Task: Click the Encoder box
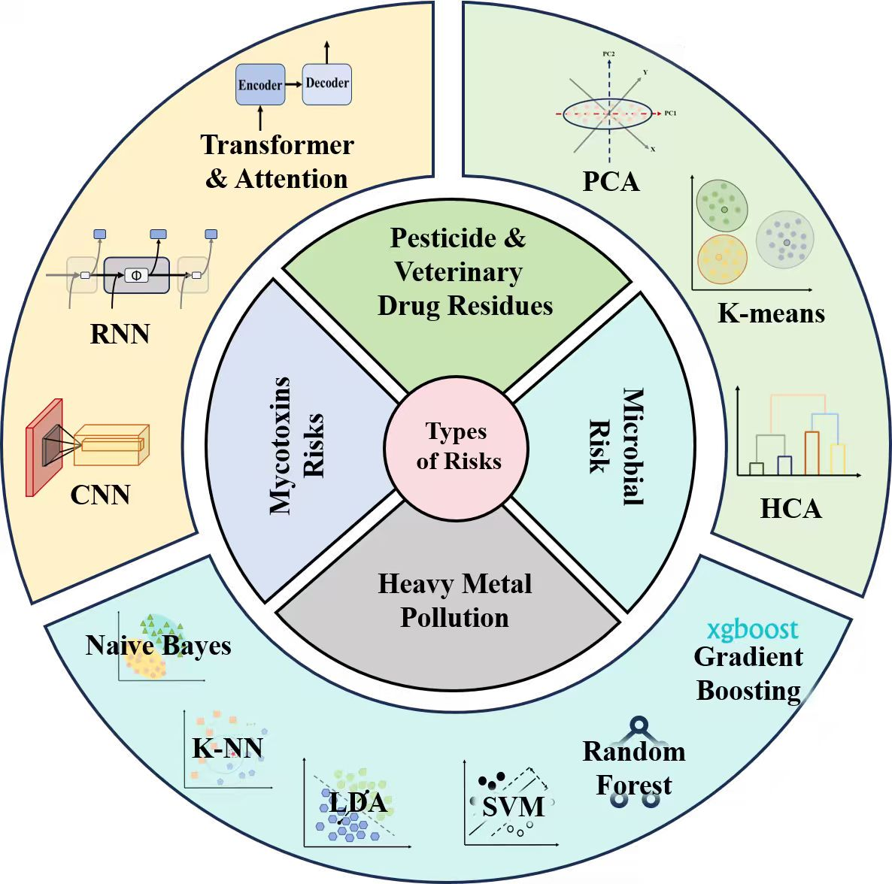pyautogui.click(x=259, y=85)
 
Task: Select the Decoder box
pyautogui.click(x=327, y=83)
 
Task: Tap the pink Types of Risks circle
pyautogui.click(x=457, y=447)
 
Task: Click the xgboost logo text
pyautogui.click(x=752, y=629)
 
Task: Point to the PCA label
pyautogui.click(x=611, y=181)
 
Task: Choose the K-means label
pyautogui.click(x=771, y=313)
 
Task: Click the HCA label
pyautogui.click(x=790, y=509)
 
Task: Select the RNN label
pyautogui.click(x=120, y=334)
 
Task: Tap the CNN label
pyautogui.click(x=100, y=495)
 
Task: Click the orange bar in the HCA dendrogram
pyautogui.click(x=812, y=453)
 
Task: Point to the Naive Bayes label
pyautogui.click(x=158, y=646)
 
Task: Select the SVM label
pyautogui.click(x=513, y=807)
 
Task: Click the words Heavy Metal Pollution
pyautogui.click(x=454, y=601)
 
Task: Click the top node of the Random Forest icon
pyautogui.click(x=639, y=725)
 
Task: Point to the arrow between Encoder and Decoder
pyautogui.click(x=293, y=84)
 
